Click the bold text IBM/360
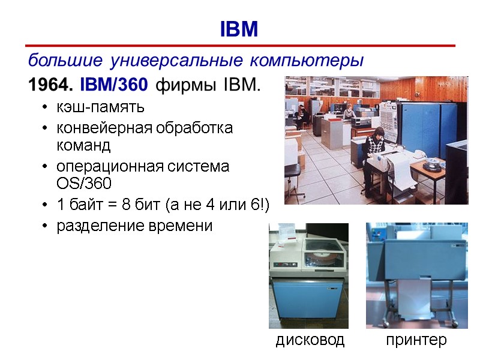113,86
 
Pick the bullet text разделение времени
134,226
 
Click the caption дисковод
310,340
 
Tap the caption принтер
416,340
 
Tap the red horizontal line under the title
240,46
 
